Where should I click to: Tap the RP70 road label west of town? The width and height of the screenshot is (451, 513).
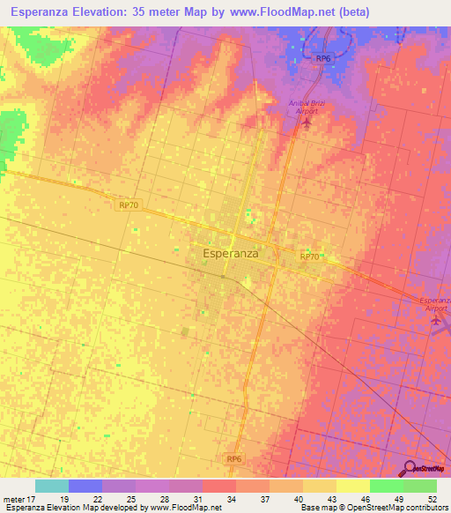click(x=129, y=204)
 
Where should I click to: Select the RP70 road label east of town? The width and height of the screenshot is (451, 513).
click(x=308, y=256)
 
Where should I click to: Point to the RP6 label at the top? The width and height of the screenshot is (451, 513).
click(x=323, y=58)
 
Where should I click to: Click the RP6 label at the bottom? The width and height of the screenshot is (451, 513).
click(x=233, y=459)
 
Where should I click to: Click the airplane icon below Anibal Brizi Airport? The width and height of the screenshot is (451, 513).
click(x=307, y=120)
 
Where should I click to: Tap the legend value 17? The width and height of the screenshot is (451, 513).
click(x=32, y=498)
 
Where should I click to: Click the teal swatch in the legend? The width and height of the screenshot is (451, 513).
click(x=51, y=486)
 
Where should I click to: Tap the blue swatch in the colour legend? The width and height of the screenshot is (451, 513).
click(x=85, y=486)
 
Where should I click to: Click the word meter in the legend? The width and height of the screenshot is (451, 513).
click(x=13, y=498)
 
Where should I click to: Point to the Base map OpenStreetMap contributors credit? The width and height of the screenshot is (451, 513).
click(x=373, y=508)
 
